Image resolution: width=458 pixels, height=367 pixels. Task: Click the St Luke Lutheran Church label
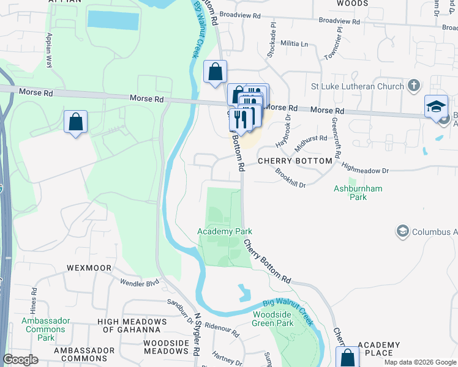click(357, 86)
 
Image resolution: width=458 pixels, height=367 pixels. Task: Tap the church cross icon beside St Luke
click(415, 86)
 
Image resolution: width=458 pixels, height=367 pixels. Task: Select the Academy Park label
click(225, 231)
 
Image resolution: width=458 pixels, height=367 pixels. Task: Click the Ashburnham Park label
click(358, 193)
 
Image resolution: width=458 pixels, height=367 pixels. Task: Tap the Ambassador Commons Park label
click(46, 329)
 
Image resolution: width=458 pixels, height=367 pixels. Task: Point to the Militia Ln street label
click(295, 44)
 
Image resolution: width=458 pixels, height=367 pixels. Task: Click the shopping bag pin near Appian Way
click(75, 122)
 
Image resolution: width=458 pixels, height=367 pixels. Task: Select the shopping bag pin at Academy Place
click(348, 358)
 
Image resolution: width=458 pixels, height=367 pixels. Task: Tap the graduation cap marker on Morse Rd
click(436, 106)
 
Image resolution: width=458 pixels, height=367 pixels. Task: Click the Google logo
click(20, 360)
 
